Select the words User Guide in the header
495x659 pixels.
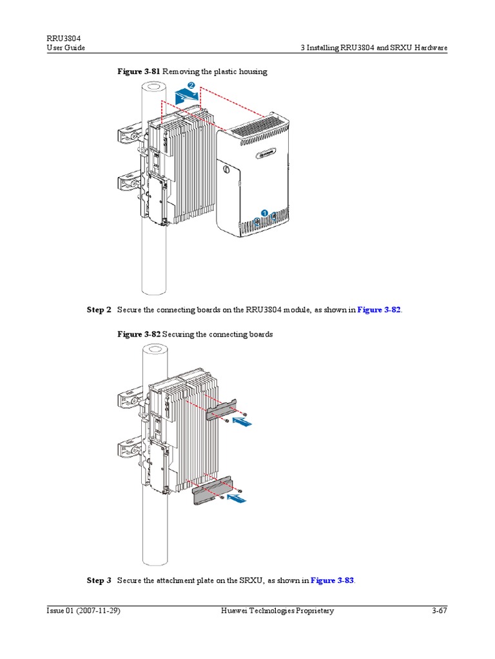[66, 48]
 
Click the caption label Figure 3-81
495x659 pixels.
[138, 71]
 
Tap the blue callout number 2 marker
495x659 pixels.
[191, 86]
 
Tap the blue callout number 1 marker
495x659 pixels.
[264, 212]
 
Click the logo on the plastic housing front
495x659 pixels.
[265, 153]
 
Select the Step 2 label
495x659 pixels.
[99, 310]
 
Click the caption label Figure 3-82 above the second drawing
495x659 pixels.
[138, 335]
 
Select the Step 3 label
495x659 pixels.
[99, 580]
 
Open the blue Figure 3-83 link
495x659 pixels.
[332, 580]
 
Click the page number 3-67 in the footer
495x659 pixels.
[440, 611]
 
